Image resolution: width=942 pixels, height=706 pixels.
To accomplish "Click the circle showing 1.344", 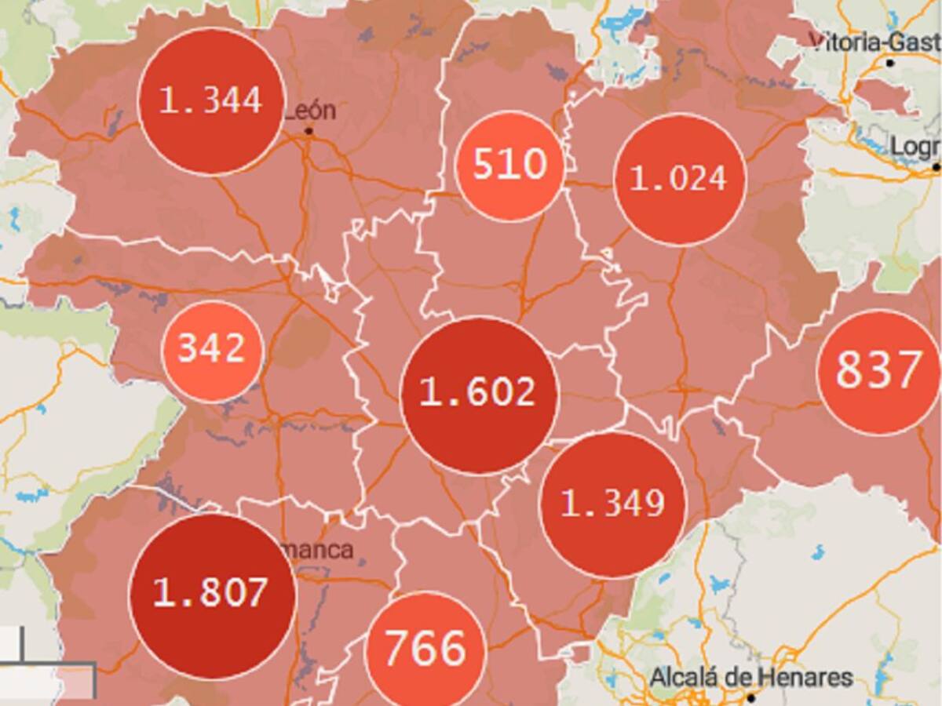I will click(210, 101).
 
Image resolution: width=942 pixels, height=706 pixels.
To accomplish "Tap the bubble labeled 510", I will click(509, 166).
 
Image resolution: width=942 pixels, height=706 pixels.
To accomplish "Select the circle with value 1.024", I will click(679, 180).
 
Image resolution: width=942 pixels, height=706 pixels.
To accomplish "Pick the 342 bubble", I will click(212, 350).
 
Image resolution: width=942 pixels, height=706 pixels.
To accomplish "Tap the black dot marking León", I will click(309, 131).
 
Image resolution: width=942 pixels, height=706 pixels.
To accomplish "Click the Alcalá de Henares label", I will click(751, 677).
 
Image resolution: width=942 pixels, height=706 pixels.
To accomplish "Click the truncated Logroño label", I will click(915, 147).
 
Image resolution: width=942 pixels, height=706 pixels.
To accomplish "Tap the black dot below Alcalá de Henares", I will click(750, 697).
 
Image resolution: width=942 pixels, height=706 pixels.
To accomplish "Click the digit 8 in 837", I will click(848, 370).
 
